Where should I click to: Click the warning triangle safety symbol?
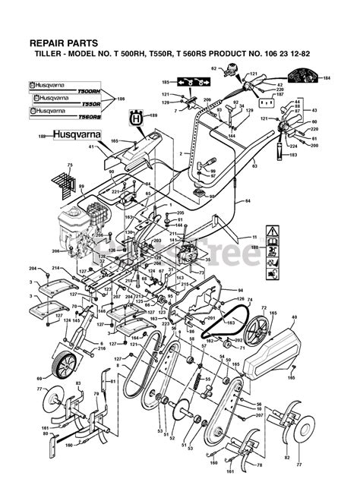pos(272,230)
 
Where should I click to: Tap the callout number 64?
pos(248,202)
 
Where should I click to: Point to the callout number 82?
pos(286,458)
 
